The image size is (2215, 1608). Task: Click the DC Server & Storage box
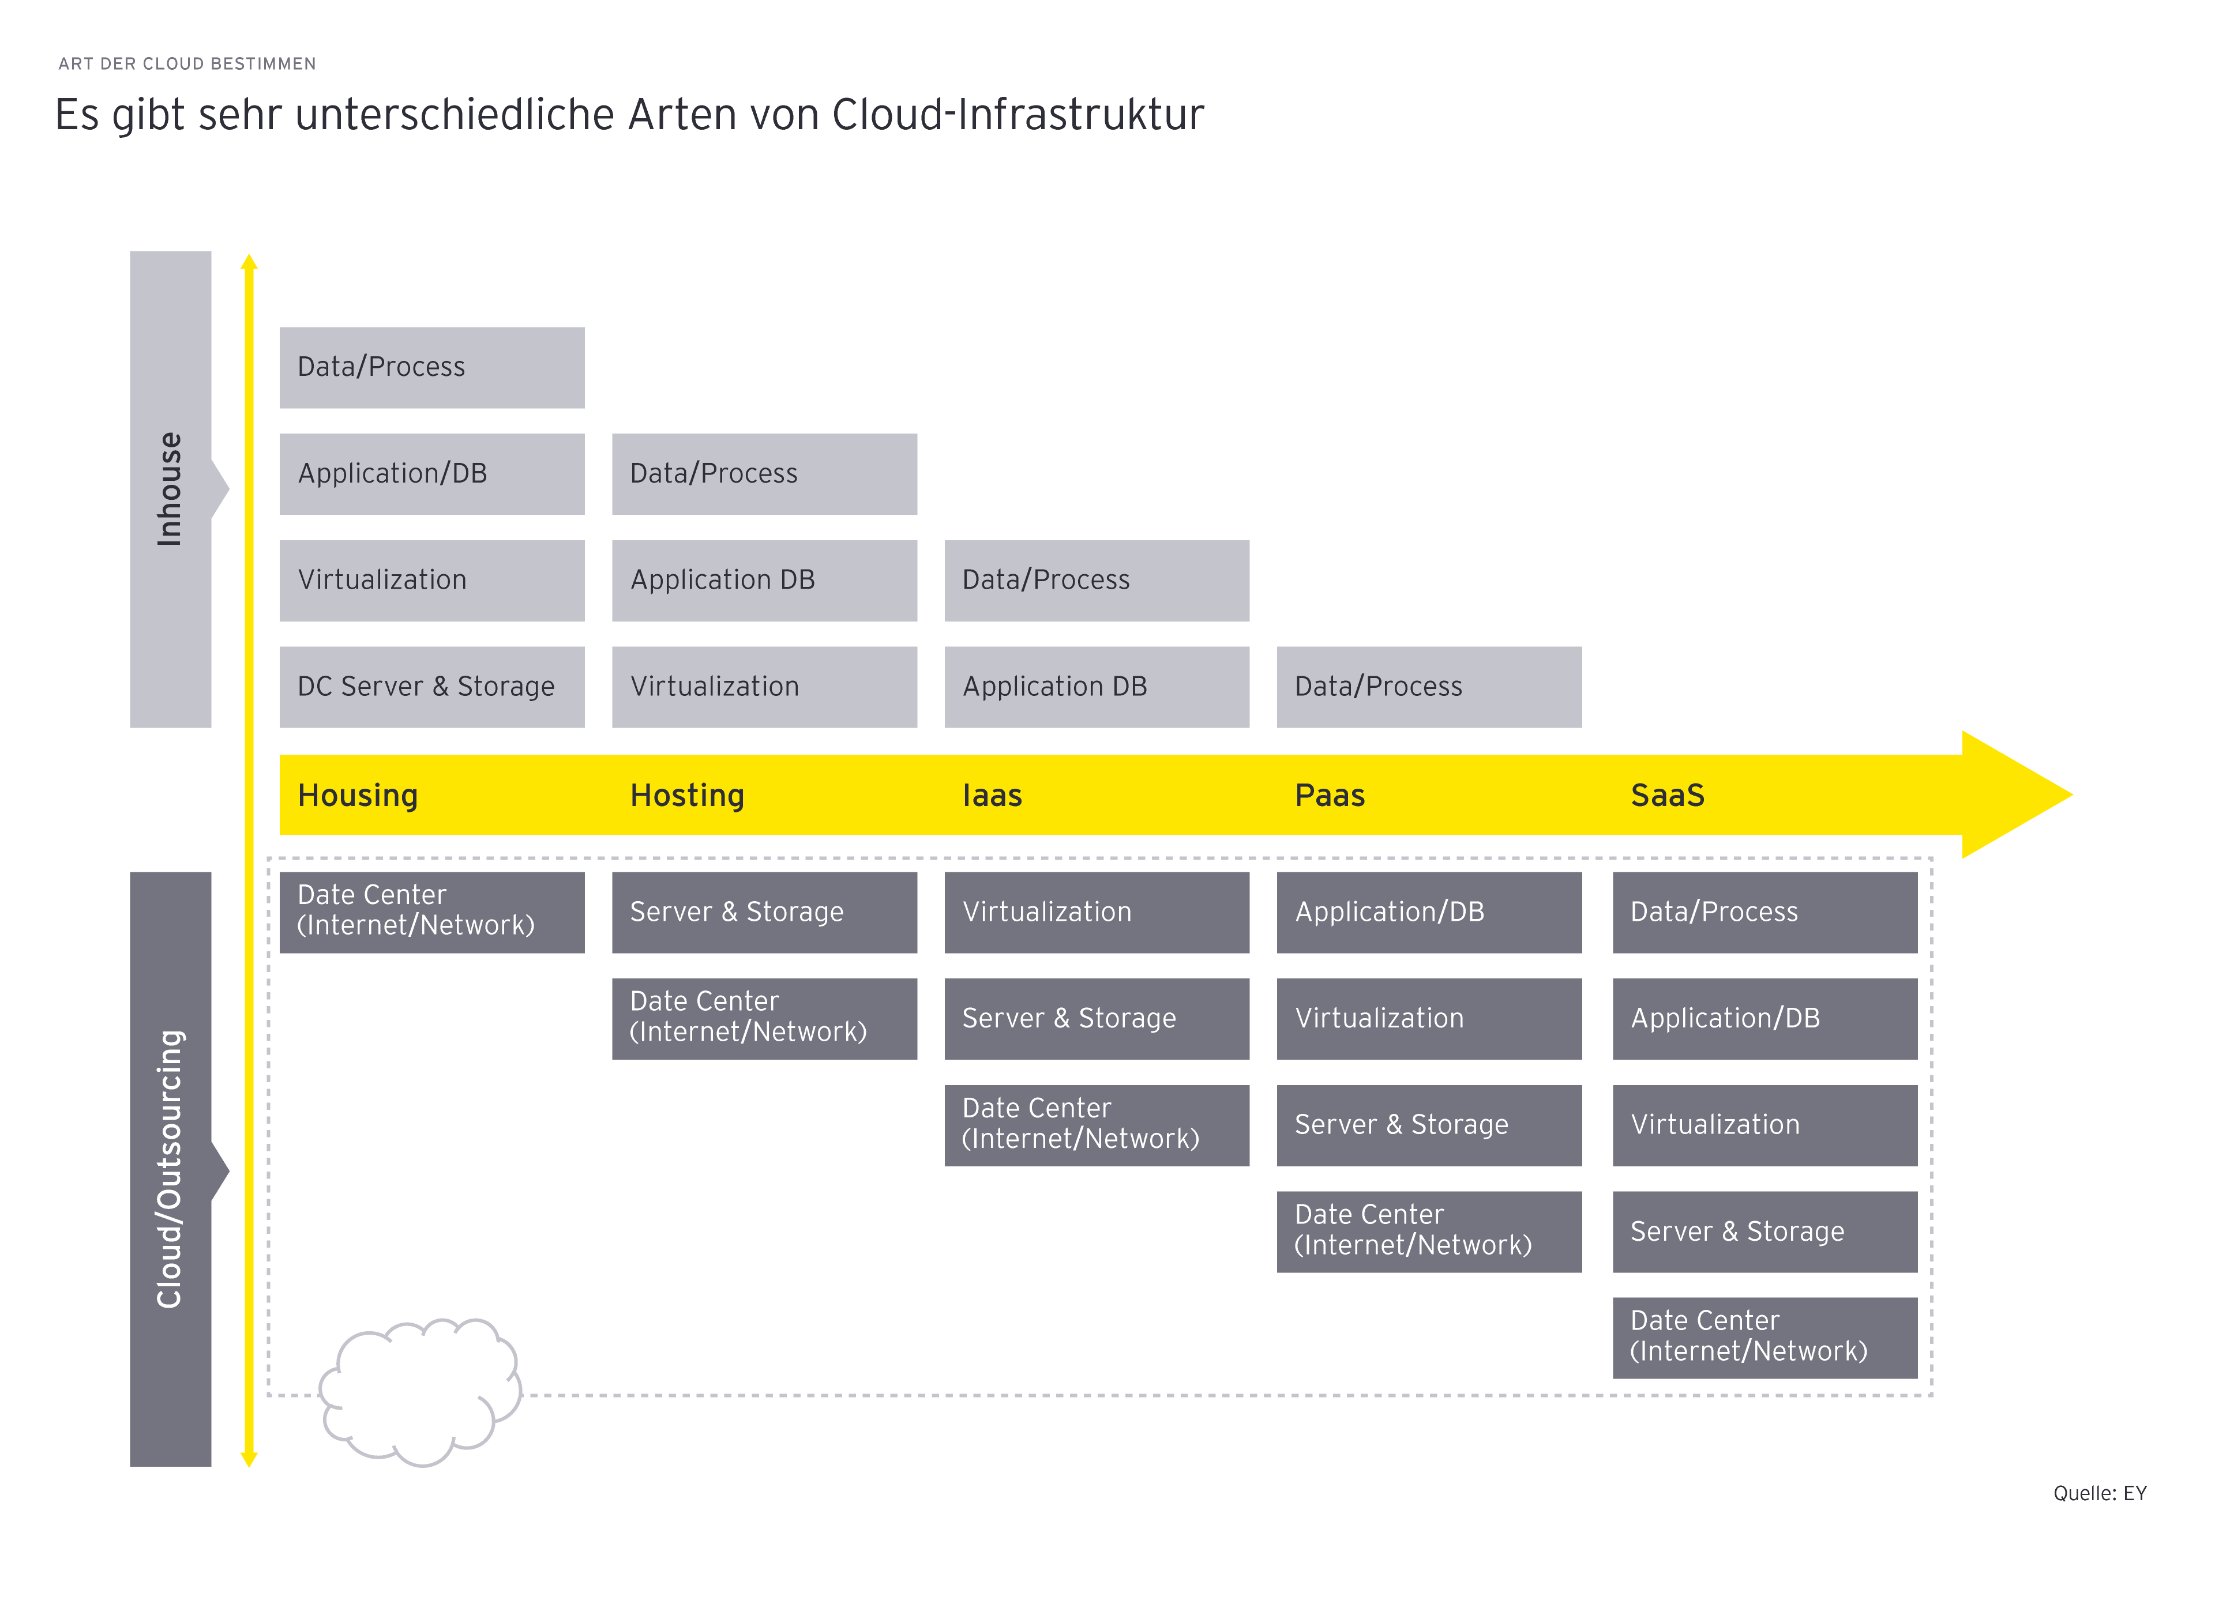click(x=431, y=686)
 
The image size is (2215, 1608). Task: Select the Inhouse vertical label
click(x=170, y=488)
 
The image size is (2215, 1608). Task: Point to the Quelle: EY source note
click(x=2099, y=1493)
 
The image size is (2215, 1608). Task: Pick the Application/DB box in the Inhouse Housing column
click(x=431, y=473)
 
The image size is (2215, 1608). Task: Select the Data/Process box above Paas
click(x=1429, y=686)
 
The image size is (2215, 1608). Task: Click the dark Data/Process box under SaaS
click(x=1764, y=912)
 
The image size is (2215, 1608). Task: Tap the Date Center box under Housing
click(x=431, y=912)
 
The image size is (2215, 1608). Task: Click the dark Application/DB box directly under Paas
click(x=1429, y=912)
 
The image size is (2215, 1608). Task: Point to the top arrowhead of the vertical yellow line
click(x=249, y=262)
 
